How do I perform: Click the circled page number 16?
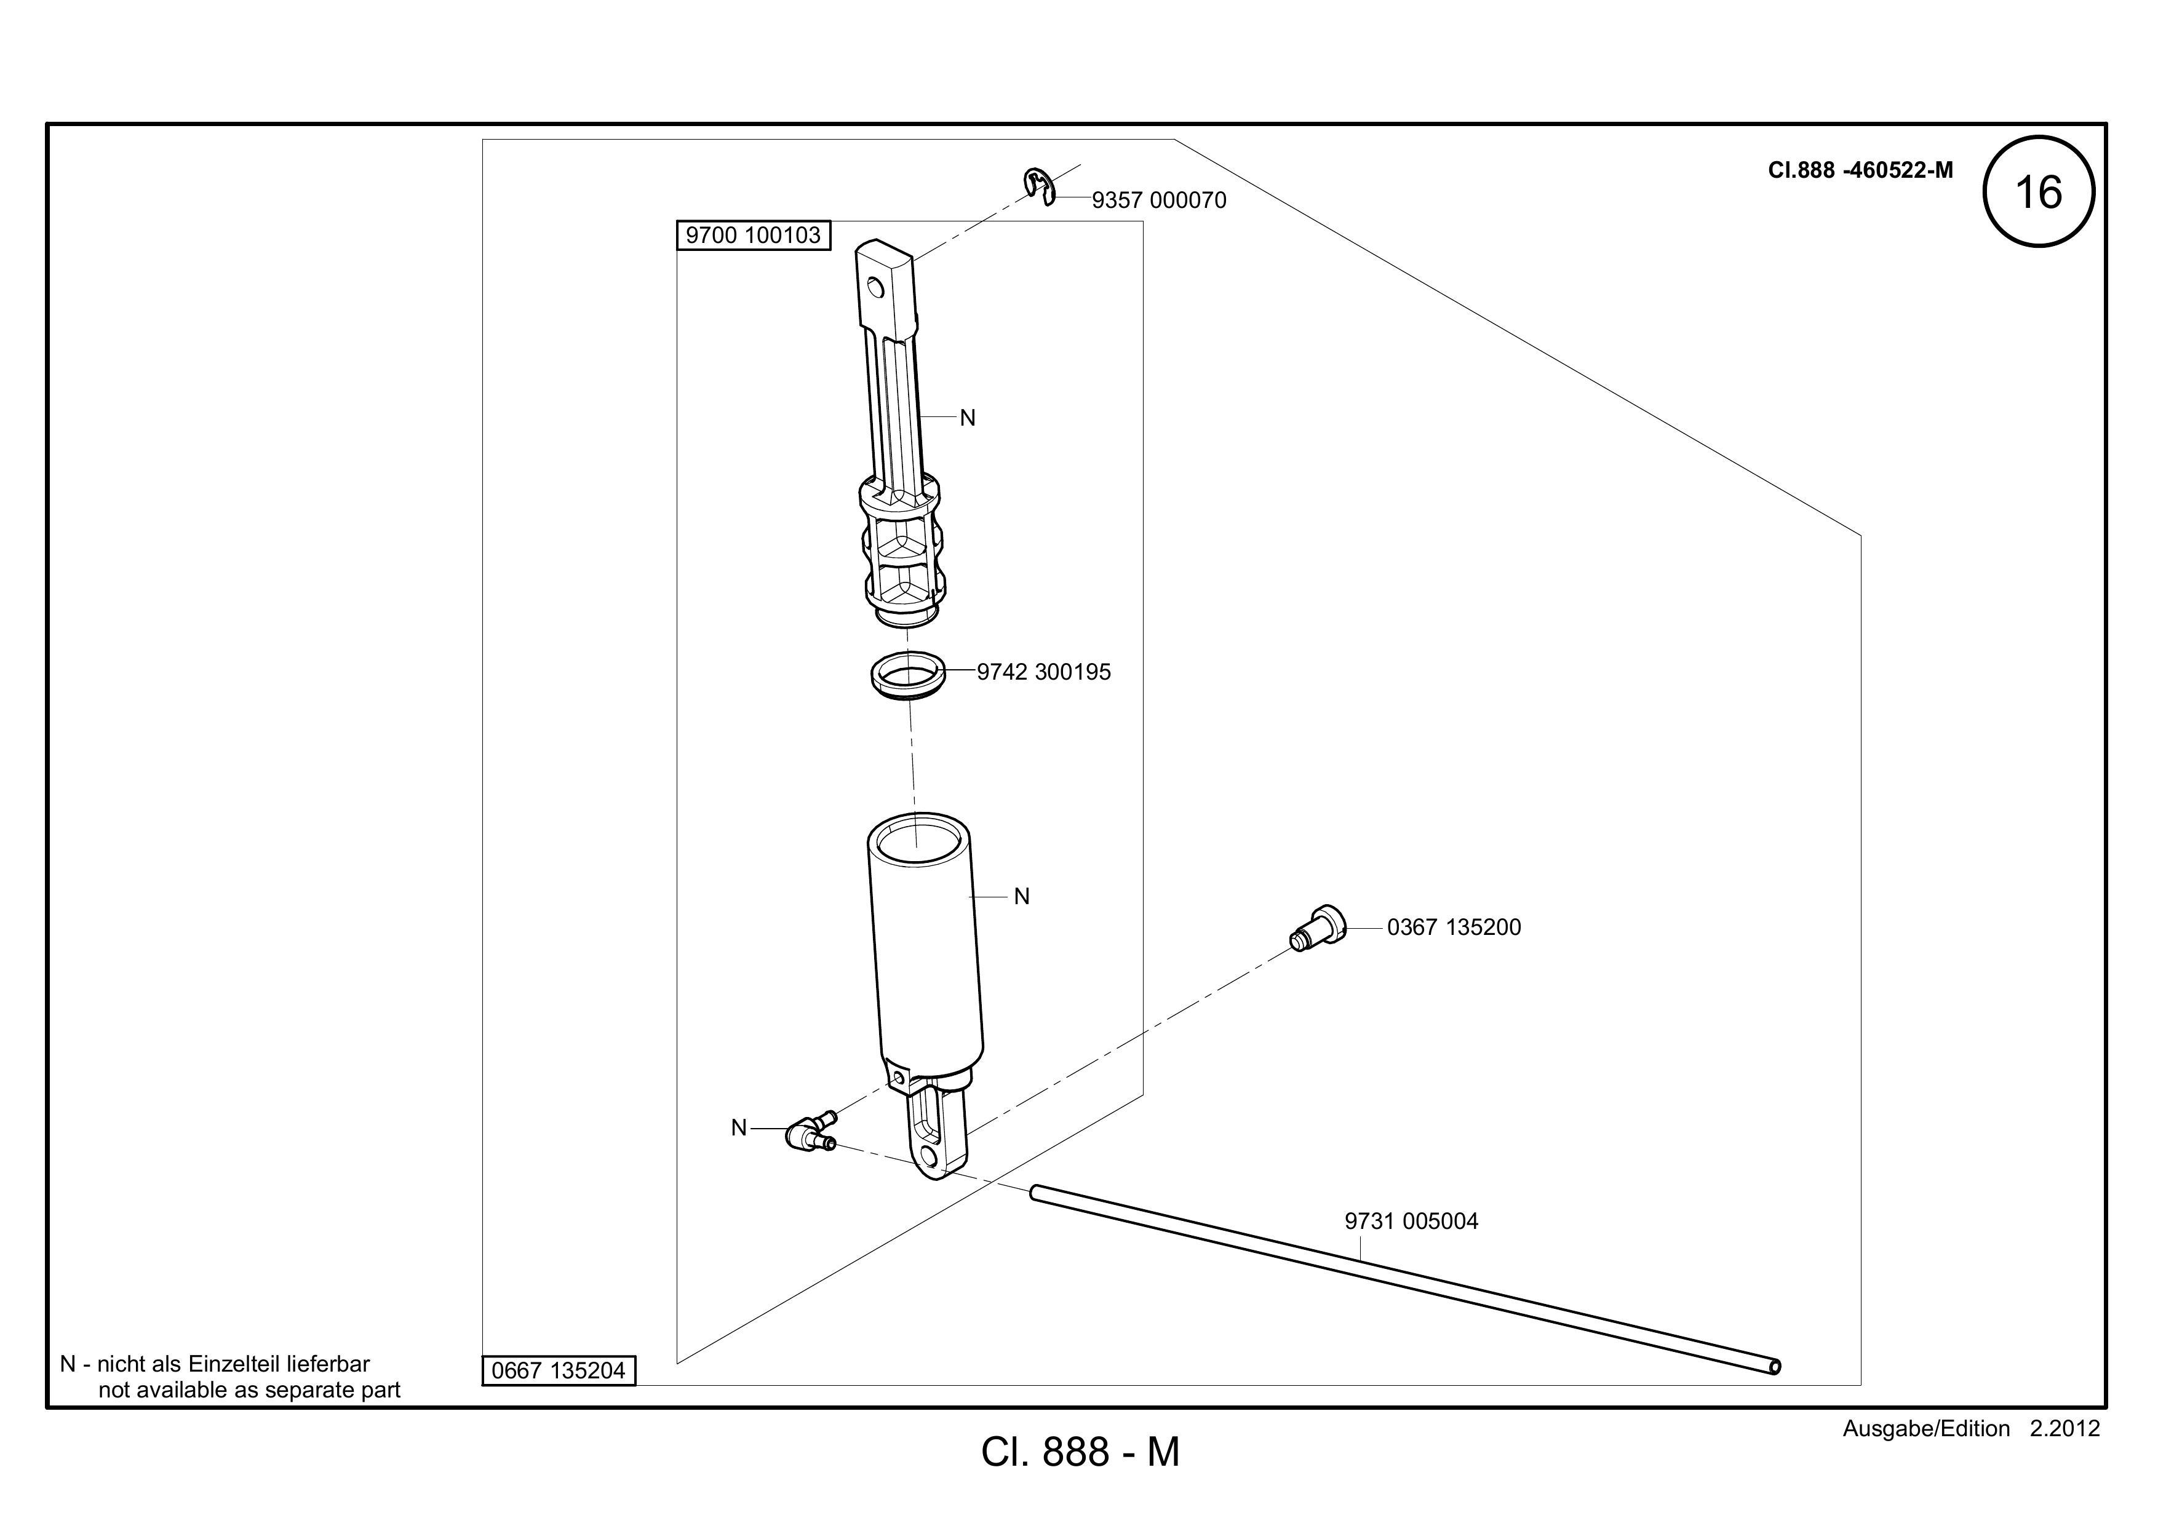[x=2039, y=192]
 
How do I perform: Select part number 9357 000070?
[x=1159, y=200]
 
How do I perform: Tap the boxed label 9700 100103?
[x=753, y=235]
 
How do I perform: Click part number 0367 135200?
[x=1454, y=928]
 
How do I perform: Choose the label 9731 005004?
[x=1412, y=1222]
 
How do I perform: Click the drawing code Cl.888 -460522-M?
[x=1860, y=170]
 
